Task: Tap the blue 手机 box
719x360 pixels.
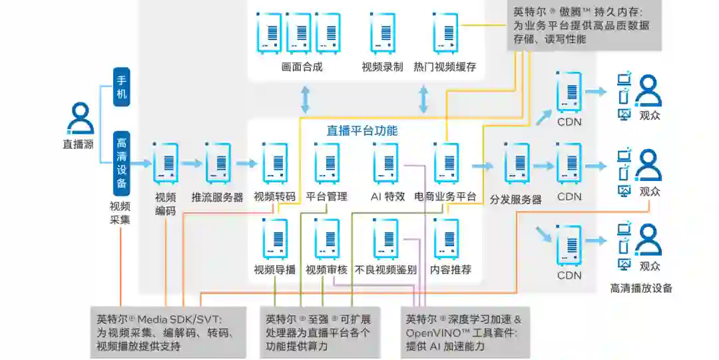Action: (121, 87)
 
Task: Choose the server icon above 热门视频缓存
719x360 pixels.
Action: (445, 33)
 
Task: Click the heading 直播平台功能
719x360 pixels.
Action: (362, 130)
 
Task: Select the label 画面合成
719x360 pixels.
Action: (302, 67)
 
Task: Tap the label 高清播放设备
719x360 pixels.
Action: (641, 289)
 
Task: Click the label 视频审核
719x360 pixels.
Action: (327, 270)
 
